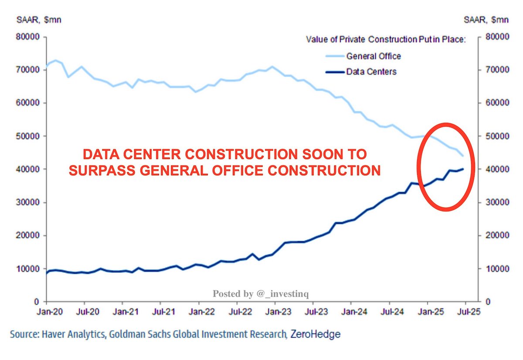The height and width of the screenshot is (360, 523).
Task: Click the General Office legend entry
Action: [373, 56]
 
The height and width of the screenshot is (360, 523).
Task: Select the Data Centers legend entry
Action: [371, 71]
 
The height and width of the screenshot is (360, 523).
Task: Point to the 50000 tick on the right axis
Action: [495, 136]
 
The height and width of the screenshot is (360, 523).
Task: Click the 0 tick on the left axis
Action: [38, 302]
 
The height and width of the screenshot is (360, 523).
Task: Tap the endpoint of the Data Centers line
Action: [463, 169]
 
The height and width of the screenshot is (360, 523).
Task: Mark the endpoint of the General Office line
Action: [463, 156]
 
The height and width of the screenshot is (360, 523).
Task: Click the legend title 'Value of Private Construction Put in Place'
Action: [386, 40]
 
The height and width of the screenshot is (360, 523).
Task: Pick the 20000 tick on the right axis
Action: [495, 235]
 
